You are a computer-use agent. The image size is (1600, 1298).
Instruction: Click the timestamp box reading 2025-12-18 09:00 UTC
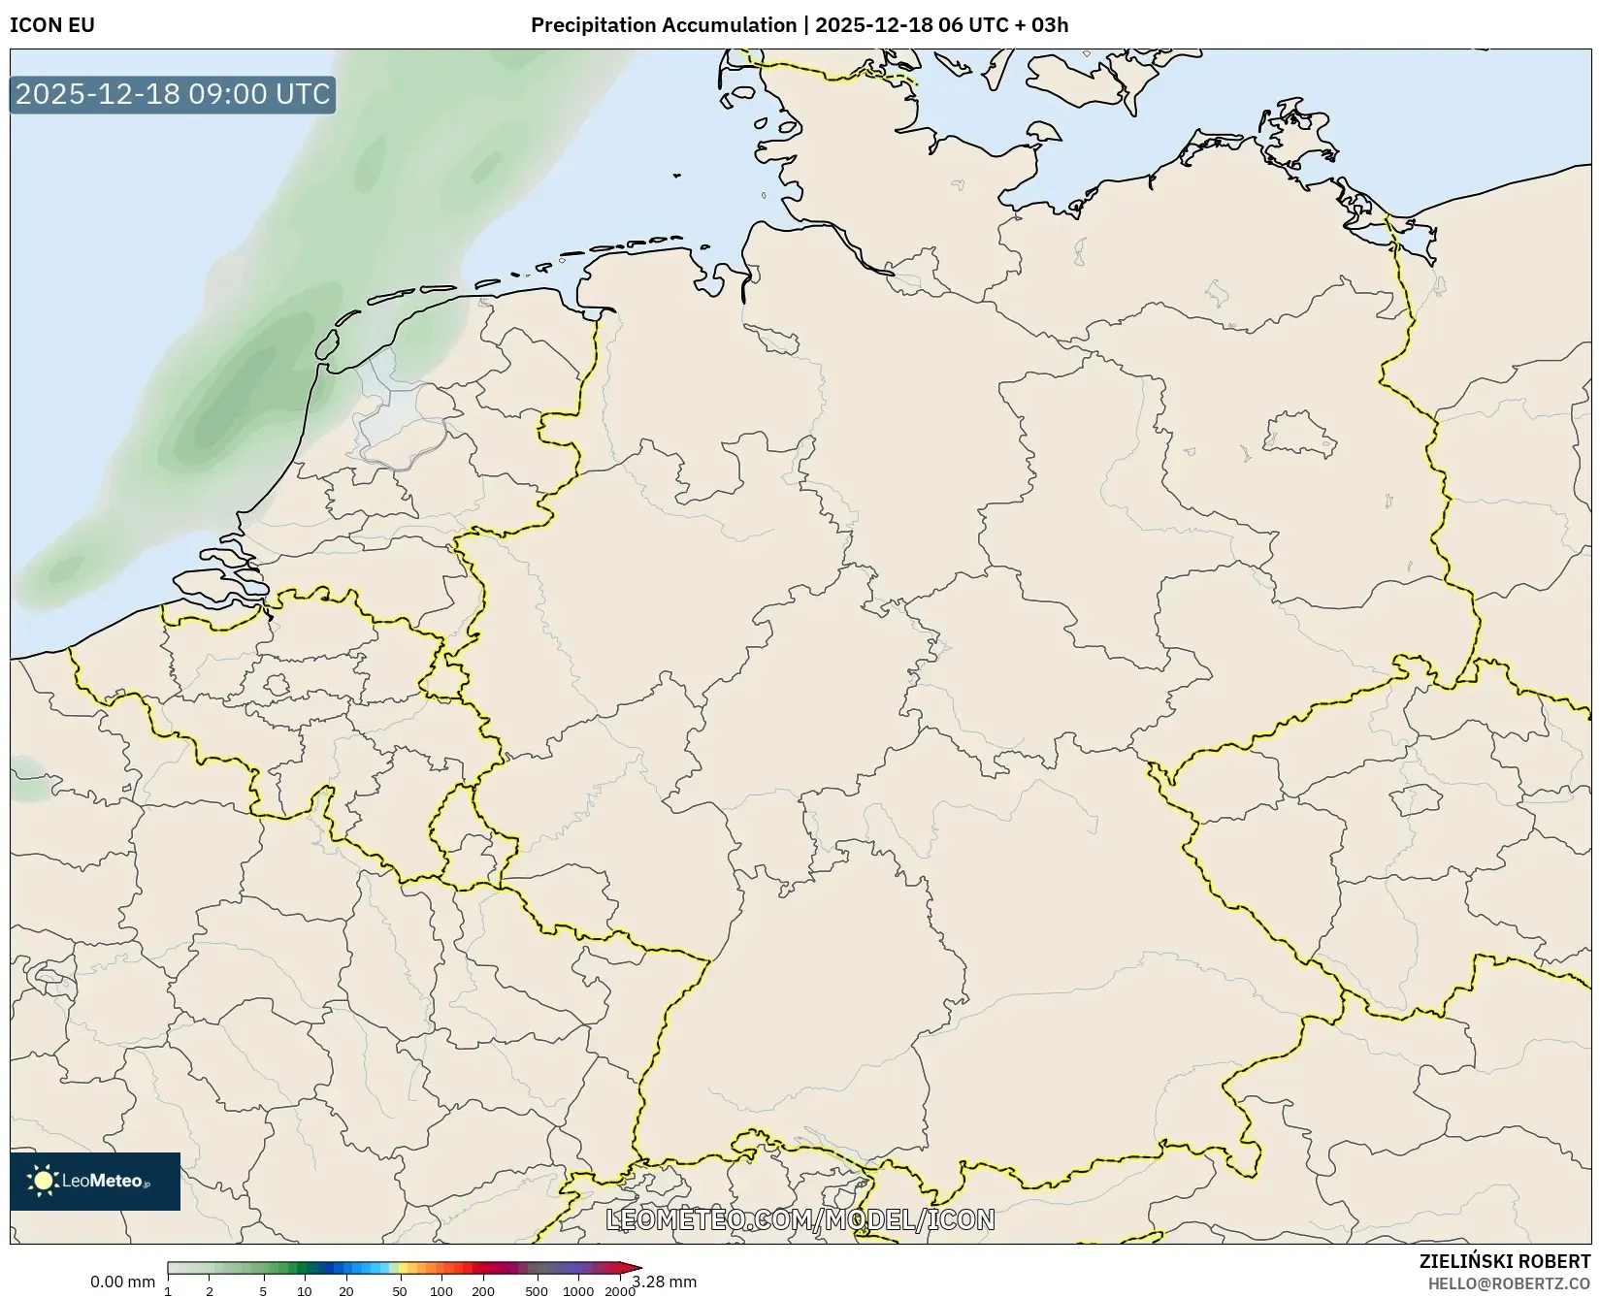tap(173, 94)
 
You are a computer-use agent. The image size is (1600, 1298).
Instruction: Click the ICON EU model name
tap(52, 25)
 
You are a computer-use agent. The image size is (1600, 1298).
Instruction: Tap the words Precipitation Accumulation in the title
tap(664, 25)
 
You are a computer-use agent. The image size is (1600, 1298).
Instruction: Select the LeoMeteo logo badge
tap(95, 1181)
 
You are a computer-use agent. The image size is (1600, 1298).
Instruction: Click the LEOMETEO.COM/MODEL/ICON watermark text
tap(800, 1219)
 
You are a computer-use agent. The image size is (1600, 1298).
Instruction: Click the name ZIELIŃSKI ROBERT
tap(1505, 1261)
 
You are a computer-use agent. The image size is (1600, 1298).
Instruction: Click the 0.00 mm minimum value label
tap(122, 1282)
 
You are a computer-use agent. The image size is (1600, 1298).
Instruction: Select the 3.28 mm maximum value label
tap(665, 1282)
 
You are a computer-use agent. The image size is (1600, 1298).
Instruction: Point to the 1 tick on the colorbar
tap(168, 1291)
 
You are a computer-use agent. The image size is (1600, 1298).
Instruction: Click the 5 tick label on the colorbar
tap(263, 1291)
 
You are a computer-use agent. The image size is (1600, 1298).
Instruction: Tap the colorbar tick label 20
tap(346, 1291)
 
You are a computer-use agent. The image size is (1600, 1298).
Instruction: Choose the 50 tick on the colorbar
tap(400, 1291)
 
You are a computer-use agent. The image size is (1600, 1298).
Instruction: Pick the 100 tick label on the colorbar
tap(441, 1291)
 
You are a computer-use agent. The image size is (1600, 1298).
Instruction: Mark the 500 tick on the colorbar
tap(537, 1291)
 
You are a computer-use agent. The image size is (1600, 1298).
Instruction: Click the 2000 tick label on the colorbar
tap(620, 1291)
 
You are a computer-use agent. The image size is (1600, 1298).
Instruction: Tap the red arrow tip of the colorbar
tap(636, 1268)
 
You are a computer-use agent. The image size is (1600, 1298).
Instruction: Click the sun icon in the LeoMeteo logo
tap(43, 1181)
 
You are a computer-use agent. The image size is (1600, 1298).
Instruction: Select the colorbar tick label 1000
tap(578, 1291)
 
